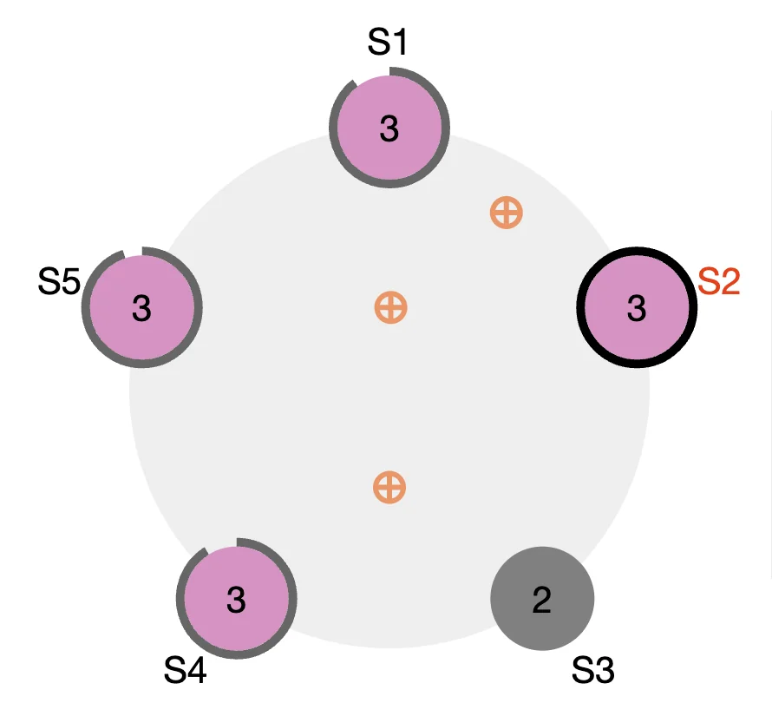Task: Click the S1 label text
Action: pos(388,42)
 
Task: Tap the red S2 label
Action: pos(719,281)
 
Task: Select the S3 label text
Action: pos(592,670)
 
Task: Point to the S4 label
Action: pos(185,670)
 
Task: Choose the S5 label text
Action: pos(59,281)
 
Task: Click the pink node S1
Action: pos(389,128)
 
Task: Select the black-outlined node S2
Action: pos(637,307)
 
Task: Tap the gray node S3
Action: pos(542,599)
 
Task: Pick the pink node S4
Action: pos(236,599)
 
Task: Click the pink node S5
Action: pos(141,307)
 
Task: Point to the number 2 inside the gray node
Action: pos(541,600)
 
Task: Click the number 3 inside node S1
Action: pos(389,129)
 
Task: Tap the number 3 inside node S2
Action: pos(637,309)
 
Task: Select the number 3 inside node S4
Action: pos(236,600)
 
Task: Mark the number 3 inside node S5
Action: pos(141,309)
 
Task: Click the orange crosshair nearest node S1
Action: pos(506,213)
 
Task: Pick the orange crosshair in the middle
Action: pos(391,307)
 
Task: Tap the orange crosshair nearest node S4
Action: pos(389,488)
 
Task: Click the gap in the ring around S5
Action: pos(133,251)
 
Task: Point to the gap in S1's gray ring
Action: pos(370,74)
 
